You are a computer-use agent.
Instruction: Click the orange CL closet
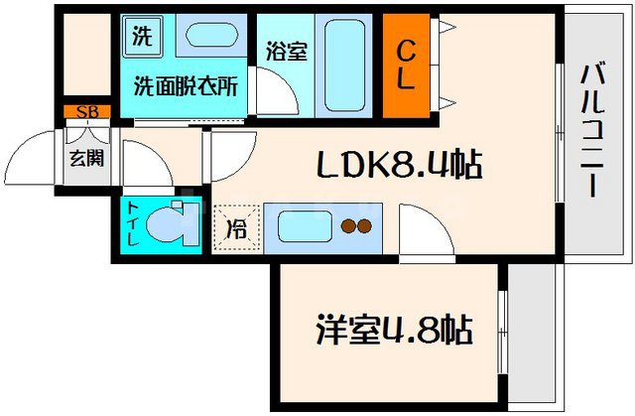(405, 65)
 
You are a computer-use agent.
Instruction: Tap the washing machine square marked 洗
(142, 38)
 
